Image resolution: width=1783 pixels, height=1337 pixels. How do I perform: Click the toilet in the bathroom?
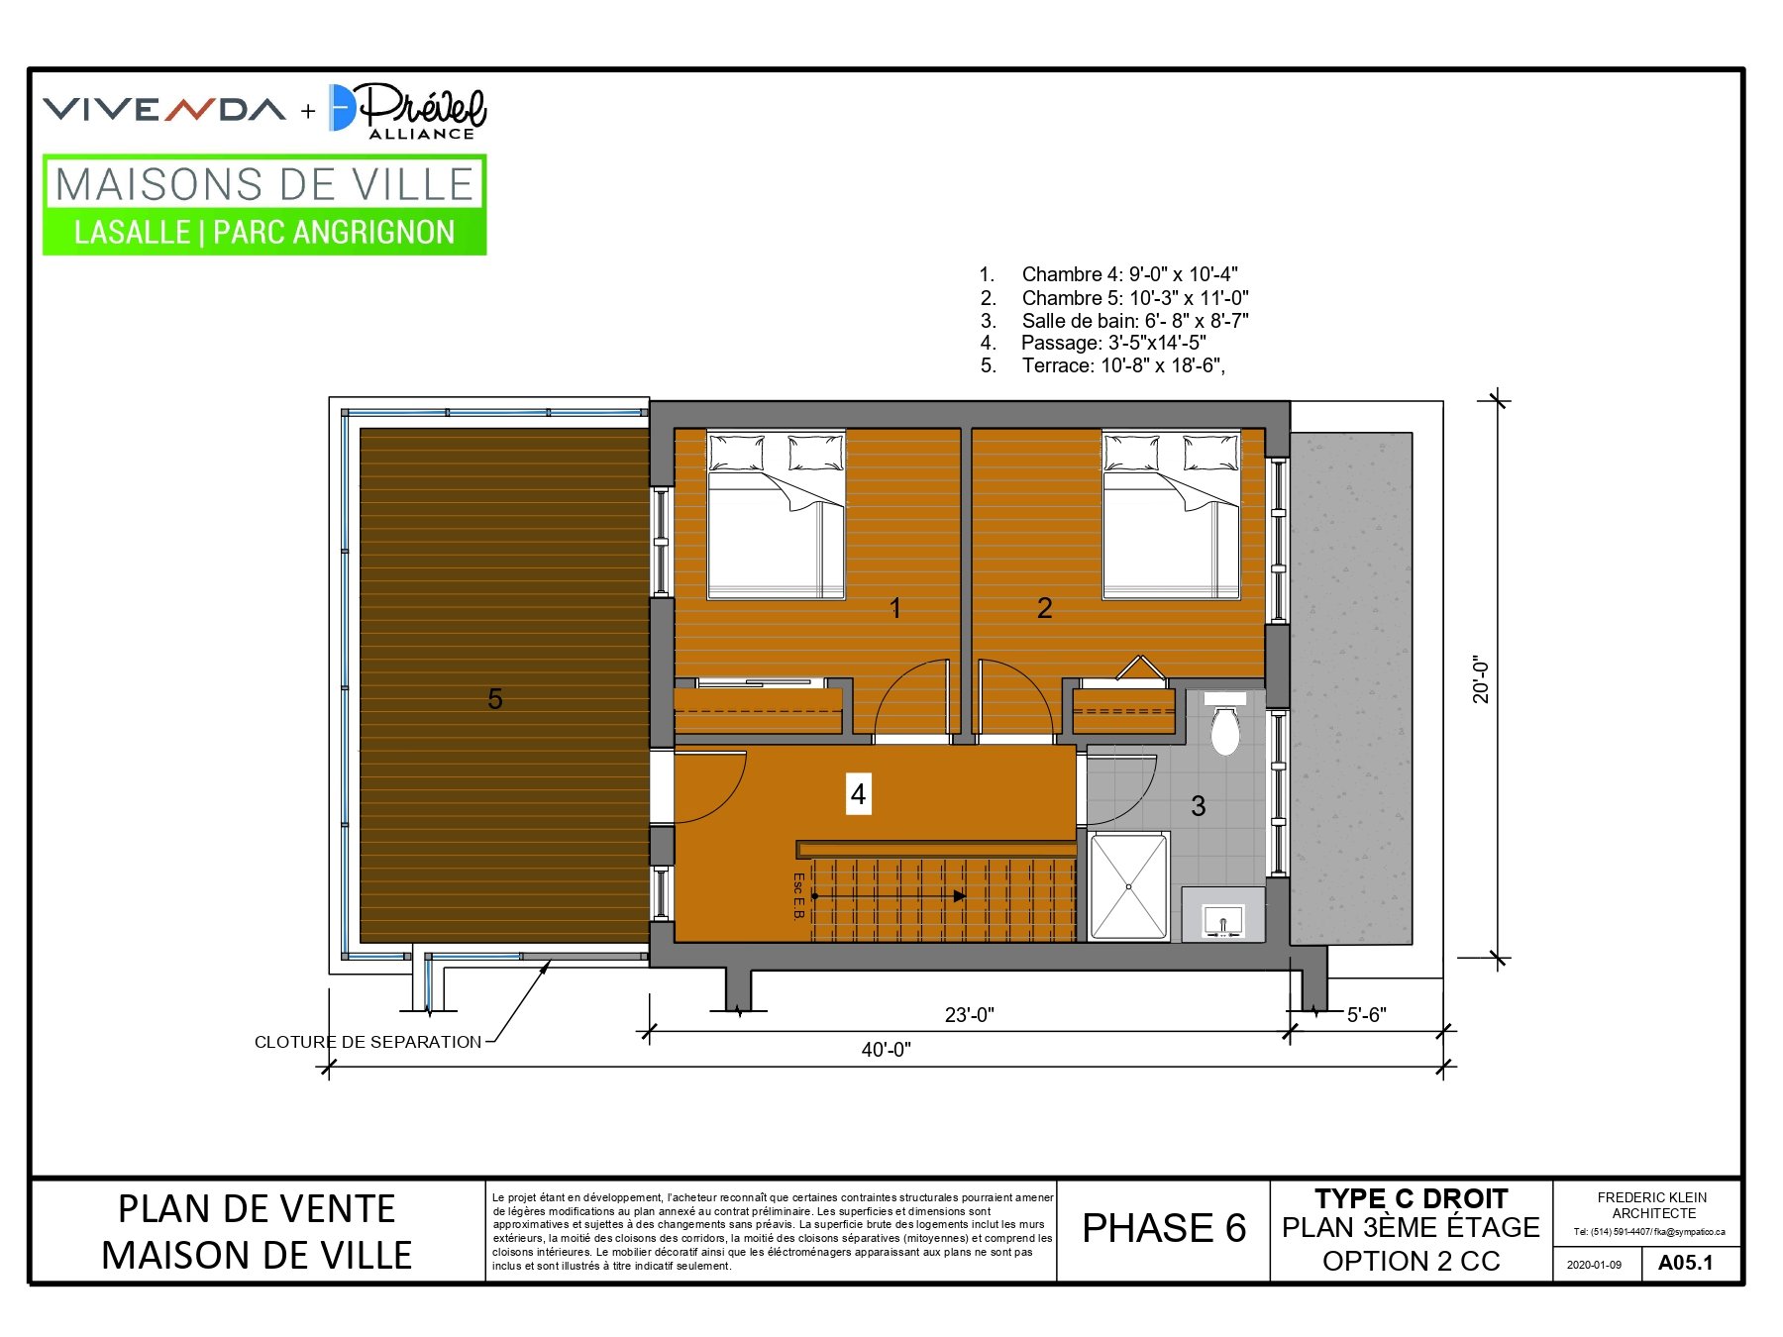(1225, 723)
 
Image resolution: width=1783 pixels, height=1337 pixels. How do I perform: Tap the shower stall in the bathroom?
(1128, 885)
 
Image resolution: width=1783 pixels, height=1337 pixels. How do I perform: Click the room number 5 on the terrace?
(495, 699)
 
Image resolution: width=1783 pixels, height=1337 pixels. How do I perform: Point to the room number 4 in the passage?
(858, 794)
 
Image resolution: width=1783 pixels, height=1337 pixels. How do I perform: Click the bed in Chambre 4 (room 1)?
(777, 515)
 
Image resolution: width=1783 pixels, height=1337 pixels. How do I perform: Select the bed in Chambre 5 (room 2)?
(1172, 515)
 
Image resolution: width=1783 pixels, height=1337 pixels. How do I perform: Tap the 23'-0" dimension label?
(969, 1015)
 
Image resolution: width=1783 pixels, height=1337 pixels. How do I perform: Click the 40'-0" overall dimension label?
(886, 1050)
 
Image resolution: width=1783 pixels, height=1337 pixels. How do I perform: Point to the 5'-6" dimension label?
(1367, 1015)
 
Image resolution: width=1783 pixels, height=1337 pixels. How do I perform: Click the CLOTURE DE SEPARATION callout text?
(367, 1042)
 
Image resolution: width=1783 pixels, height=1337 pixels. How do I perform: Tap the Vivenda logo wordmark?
(164, 109)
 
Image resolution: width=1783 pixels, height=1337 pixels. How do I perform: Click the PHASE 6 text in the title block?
(1164, 1228)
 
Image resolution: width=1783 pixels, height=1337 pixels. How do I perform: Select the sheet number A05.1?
(1685, 1263)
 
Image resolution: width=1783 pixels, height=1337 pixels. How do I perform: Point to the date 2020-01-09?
(1594, 1265)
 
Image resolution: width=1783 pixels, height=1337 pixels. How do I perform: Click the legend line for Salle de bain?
(1114, 321)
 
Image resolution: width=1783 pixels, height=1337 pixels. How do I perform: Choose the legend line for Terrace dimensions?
(1102, 365)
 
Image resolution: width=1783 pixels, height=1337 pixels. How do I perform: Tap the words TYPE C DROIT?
(1412, 1198)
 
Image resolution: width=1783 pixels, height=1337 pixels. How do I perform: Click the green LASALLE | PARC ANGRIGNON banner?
(264, 232)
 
